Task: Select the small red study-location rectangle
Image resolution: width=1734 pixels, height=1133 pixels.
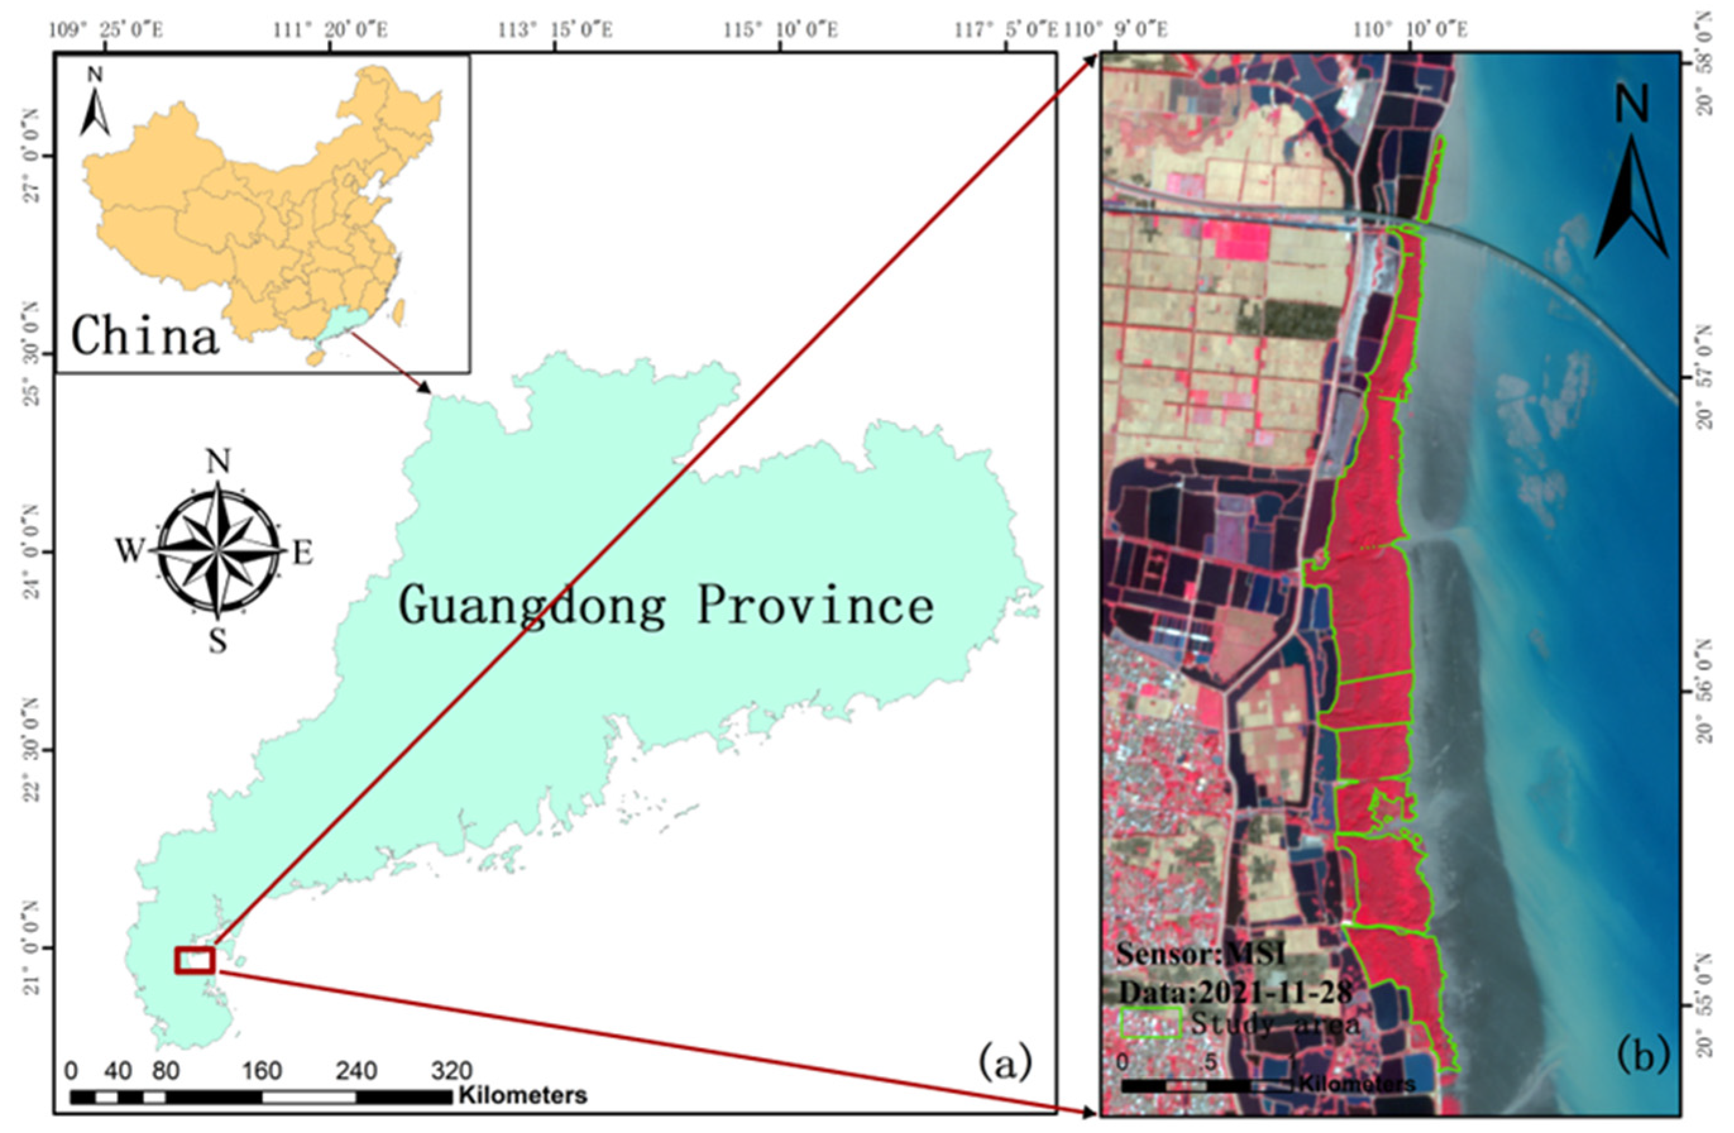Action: (x=195, y=960)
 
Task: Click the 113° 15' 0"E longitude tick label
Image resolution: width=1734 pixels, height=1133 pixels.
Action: (x=556, y=30)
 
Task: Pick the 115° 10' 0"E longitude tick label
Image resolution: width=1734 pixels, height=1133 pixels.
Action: (x=781, y=30)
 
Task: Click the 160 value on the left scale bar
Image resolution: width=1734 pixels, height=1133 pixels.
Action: (x=262, y=1071)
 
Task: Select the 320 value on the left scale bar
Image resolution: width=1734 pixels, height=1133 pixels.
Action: (x=452, y=1071)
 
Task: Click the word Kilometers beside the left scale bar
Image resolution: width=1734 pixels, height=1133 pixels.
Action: (x=523, y=1095)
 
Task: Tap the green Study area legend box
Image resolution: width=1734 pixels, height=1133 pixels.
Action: (x=1150, y=1023)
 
